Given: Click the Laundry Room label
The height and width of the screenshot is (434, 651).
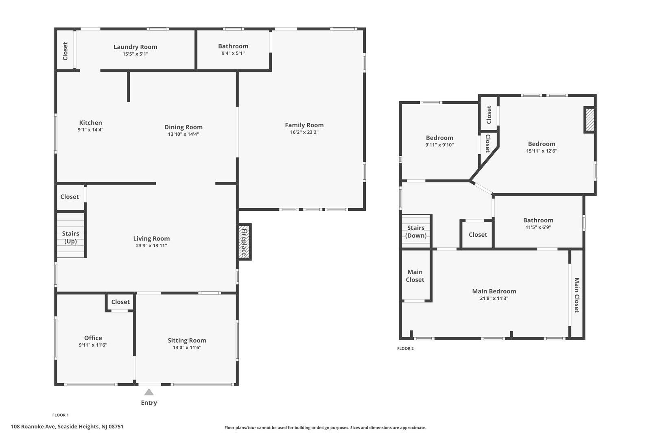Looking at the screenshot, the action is [135, 47].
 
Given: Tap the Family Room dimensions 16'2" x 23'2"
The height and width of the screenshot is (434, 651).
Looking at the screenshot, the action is [304, 132].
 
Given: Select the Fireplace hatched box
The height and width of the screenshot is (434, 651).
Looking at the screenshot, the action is [245, 242].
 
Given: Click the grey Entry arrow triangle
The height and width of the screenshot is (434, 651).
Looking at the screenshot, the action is [149, 392].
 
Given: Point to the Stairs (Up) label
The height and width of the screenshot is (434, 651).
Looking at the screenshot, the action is [70, 237].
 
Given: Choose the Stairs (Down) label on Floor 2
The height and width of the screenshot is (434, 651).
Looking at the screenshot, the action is [416, 231].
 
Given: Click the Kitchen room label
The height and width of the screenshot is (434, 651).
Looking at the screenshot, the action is [90, 122].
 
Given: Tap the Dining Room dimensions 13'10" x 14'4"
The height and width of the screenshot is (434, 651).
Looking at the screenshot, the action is [184, 134].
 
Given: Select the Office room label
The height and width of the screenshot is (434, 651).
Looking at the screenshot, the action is [93, 338].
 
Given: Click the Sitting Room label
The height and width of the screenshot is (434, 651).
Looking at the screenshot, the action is [187, 340].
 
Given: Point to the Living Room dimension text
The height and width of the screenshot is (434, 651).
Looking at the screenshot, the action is [151, 246].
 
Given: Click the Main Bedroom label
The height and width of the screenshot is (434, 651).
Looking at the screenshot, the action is [494, 291].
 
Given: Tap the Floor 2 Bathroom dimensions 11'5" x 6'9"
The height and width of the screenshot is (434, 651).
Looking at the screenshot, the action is [538, 227].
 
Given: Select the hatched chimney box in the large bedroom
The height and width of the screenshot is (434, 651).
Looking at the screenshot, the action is [590, 120].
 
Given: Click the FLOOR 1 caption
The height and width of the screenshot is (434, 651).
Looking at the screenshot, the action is [61, 415].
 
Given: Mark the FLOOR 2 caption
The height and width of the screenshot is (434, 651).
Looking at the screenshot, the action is [405, 349].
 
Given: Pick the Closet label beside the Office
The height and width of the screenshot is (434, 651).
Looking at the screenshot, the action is [120, 302].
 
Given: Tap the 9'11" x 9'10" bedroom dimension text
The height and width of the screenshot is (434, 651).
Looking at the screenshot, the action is [439, 145].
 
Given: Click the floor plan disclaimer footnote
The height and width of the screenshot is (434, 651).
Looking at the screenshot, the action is [325, 427].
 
